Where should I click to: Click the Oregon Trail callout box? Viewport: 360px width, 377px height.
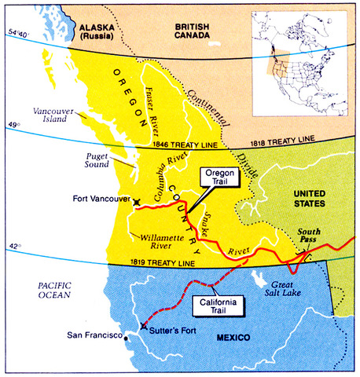(x=215, y=178)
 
